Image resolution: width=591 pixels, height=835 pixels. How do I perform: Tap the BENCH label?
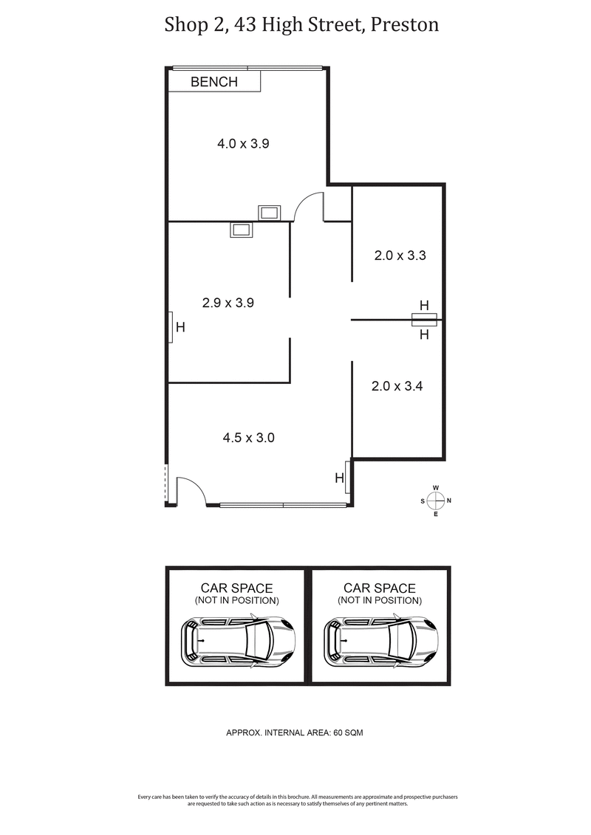pyautogui.click(x=214, y=82)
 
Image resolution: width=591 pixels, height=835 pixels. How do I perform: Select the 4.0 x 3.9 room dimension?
pyautogui.click(x=243, y=144)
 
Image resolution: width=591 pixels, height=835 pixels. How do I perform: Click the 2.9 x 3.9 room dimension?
pyautogui.click(x=228, y=303)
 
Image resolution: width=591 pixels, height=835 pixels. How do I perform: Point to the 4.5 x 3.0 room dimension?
pyautogui.click(x=249, y=438)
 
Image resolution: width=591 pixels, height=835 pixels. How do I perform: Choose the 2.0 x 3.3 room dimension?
pyautogui.click(x=400, y=256)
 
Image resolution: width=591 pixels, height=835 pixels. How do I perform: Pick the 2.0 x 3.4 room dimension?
pyautogui.click(x=397, y=386)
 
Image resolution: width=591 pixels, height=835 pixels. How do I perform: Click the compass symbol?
pyautogui.click(x=436, y=501)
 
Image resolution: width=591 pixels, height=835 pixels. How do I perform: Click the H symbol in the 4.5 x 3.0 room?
pyautogui.click(x=340, y=478)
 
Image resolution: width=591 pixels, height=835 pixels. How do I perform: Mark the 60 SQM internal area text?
pyautogui.click(x=348, y=733)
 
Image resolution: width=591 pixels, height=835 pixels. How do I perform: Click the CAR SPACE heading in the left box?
pyautogui.click(x=236, y=588)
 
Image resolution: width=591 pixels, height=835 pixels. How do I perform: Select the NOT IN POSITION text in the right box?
pyautogui.click(x=380, y=600)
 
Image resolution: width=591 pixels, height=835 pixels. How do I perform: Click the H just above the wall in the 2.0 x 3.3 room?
pyautogui.click(x=424, y=305)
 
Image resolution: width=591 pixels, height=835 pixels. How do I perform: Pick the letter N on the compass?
pyautogui.click(x=449, y=501)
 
